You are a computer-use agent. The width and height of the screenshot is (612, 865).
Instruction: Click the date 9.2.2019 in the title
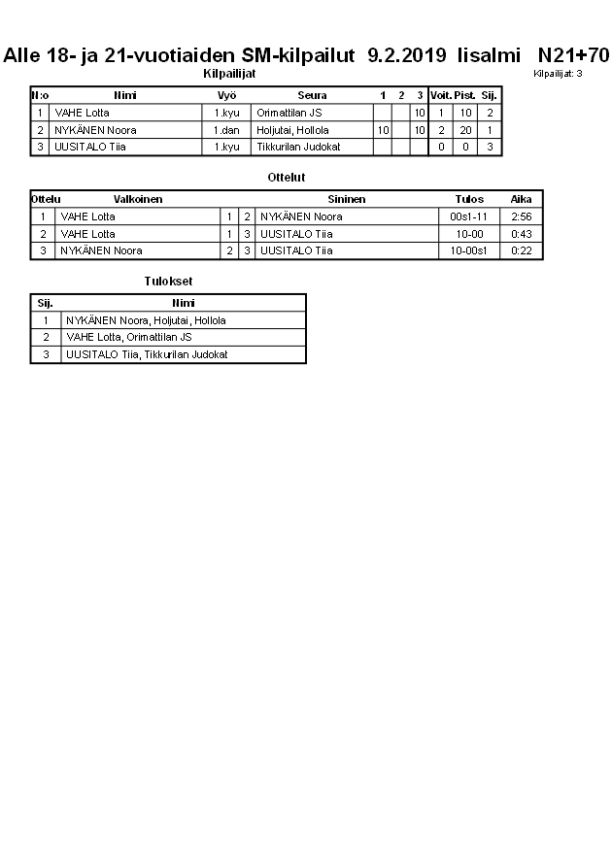pos(407,55)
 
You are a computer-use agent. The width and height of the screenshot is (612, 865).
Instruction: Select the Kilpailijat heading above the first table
pos(230,74)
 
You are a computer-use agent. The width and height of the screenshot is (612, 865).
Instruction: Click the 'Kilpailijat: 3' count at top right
pos(558,74)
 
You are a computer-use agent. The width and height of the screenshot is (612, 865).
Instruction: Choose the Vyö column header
pos(226,95)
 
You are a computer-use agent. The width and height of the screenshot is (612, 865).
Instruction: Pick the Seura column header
pos(312,95)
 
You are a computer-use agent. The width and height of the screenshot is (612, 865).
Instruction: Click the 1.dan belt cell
pos(226,130)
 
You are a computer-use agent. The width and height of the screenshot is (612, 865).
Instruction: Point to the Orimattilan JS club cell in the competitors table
pos(289,113)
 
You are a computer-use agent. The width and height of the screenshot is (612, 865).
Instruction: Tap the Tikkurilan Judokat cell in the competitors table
pos(298,147)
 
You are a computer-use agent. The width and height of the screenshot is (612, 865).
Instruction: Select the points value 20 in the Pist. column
pos(466,130)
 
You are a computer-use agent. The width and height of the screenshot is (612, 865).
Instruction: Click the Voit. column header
pos(441,95)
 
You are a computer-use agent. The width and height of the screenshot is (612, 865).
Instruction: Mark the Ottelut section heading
pos(287,178)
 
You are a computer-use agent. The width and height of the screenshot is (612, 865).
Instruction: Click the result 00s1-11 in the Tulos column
pos(470,216)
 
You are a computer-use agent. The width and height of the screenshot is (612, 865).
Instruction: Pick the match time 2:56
pos(522,216)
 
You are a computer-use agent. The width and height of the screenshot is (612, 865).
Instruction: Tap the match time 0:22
pos(522,250)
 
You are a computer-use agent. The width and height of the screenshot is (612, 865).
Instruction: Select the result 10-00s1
pos(470,250)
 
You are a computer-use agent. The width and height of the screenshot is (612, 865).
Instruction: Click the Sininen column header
pos(346,199)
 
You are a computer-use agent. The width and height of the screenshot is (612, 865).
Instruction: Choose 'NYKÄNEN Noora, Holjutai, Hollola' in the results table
pos(146,320)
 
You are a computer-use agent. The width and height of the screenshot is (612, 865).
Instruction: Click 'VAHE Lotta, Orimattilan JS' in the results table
pos(129,337)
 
